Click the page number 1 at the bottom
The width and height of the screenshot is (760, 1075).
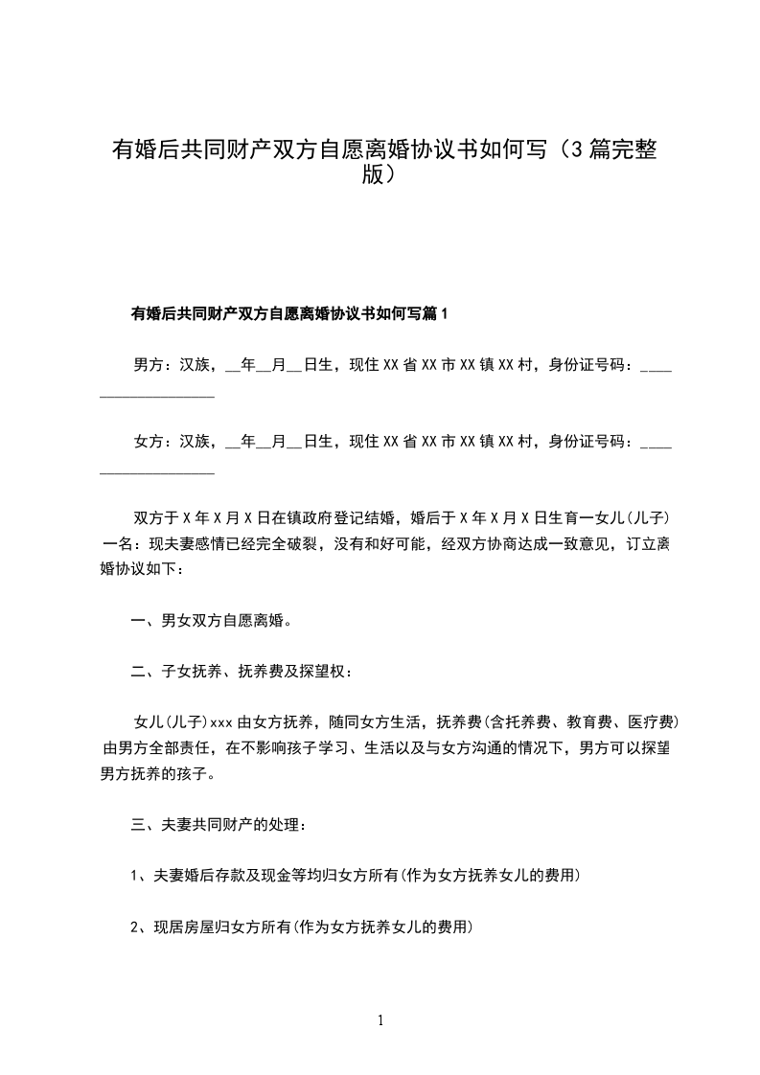[381, 1020]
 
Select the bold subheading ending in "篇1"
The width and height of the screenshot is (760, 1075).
[288, 312]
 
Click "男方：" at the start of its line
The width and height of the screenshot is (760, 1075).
[149, 365]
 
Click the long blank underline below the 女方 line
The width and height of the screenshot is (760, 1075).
[157, 471]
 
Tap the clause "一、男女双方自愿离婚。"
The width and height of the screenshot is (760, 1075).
[211, 620]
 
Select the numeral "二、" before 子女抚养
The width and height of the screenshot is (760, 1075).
[140, 672]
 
